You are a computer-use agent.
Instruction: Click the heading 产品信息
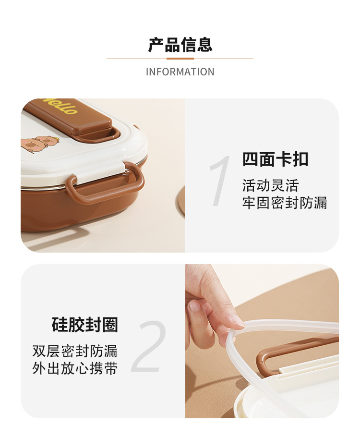(x=180, y=45)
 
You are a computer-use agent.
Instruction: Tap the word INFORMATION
(x=180, y=72)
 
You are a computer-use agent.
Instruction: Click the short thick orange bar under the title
(x=180, y=59)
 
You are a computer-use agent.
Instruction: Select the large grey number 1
(x=220, y=181)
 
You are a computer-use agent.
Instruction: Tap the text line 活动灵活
(x=270, y=186)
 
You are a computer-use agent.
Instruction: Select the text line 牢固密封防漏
(x=285, y=203)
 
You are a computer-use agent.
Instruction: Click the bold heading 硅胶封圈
(x=85, y=325)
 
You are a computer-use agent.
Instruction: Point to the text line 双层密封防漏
(x=75, y=351)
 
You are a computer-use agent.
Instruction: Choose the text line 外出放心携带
(x=75, y=368)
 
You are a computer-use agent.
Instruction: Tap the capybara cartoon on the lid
(x=40, y=145)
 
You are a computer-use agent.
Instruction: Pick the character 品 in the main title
(x=172, y=45)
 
